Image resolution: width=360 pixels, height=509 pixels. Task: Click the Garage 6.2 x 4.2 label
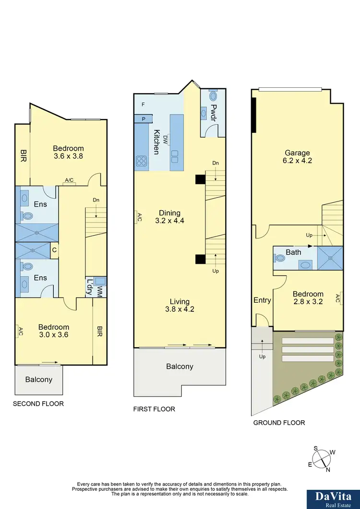296,157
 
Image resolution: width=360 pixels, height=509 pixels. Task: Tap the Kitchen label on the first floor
156,142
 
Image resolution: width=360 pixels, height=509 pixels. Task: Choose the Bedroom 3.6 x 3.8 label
68,152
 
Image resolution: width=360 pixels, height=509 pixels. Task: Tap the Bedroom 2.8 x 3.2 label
308,298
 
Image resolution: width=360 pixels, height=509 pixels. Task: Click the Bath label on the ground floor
293,252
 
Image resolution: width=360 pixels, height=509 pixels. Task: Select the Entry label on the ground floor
262,300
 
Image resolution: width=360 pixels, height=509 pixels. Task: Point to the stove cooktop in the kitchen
142,161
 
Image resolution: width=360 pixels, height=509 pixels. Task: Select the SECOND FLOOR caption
38,404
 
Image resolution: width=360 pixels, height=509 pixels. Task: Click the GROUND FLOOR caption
279,423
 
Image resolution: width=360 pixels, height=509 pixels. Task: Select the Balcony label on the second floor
39,379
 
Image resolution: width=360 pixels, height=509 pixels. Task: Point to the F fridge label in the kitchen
143,105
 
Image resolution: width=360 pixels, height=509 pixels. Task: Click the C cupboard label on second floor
54,250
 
